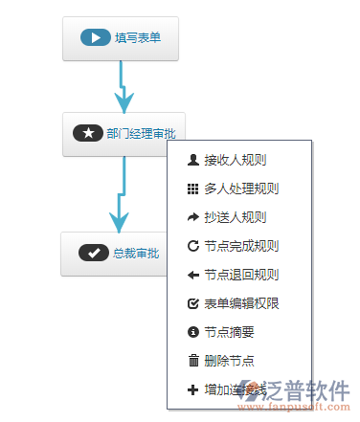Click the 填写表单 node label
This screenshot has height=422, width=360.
point(138,38)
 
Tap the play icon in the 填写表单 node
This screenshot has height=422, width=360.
point(95,38)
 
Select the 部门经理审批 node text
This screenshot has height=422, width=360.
point(147,134)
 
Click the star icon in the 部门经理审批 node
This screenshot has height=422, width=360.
point(87,134)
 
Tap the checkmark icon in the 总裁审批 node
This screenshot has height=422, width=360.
point(93,253)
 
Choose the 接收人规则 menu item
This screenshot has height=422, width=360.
point(235,160)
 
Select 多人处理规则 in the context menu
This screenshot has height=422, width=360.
point(240,189)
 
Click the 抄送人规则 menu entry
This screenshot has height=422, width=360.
point(235,217)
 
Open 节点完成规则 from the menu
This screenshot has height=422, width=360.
point(240,246)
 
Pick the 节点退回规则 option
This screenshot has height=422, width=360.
point(240,275)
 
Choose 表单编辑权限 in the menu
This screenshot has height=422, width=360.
point(240,303)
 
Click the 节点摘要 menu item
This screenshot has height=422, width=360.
point(229,332)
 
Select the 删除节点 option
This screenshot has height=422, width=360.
point(229,361)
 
